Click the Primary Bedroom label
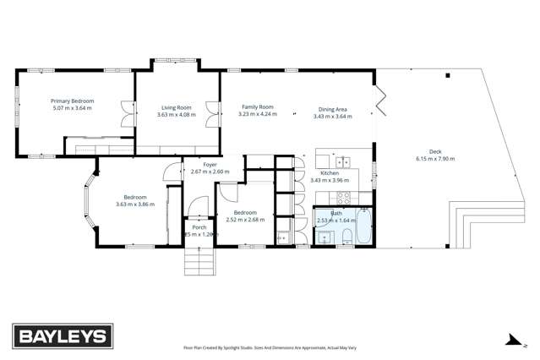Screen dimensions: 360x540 72,101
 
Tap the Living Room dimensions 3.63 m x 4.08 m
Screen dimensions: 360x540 176,115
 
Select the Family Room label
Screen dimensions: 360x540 258,107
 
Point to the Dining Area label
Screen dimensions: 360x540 332,109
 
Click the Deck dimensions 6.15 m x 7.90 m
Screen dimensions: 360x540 434,159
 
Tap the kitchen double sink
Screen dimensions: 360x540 343,162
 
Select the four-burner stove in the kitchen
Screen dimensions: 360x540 344,198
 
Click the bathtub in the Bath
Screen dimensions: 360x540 363,226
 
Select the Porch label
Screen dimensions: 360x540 199,227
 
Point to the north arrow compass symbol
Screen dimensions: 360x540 510,341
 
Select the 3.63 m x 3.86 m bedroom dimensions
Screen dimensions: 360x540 135,205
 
